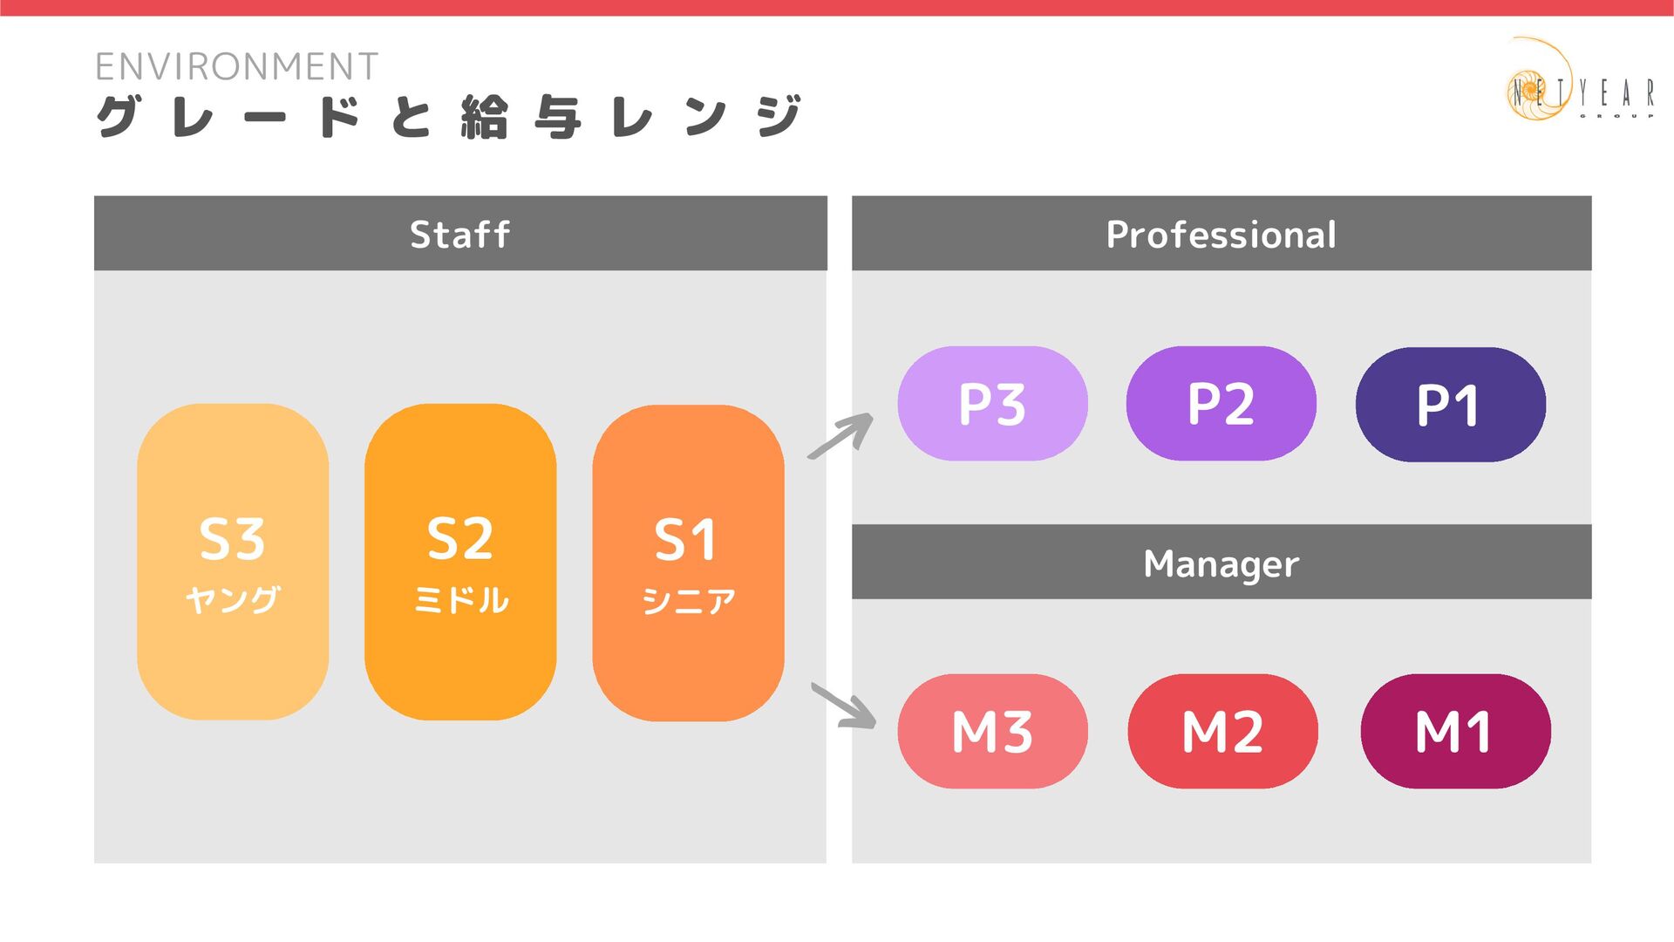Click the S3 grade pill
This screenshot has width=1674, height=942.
click(233, 561)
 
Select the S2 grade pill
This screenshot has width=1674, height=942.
click(460, 561)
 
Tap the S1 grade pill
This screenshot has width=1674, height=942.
click(688, 563)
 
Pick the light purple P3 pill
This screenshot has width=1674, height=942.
click(992, 403)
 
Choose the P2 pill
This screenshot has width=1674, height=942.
click(1221, 403)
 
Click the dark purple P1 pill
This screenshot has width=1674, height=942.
click(1450, 404)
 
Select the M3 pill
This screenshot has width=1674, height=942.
click(992, 731)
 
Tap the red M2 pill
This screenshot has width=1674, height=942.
click(1222, 731)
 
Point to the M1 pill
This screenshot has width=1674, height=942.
click(1455, 731)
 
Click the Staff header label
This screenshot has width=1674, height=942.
click(460, 234)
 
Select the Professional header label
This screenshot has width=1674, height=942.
click(1221, 234)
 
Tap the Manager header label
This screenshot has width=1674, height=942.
click(1221, 563)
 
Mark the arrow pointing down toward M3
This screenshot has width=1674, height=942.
click(844, 706)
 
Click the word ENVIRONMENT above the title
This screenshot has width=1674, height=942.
click(236, 66)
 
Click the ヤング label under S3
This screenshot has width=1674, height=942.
click(233, 600)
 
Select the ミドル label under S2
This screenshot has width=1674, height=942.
click(460, 600)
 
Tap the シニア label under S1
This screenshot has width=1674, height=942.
click(688, 601)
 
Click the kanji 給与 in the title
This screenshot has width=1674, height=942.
click(521, 117)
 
